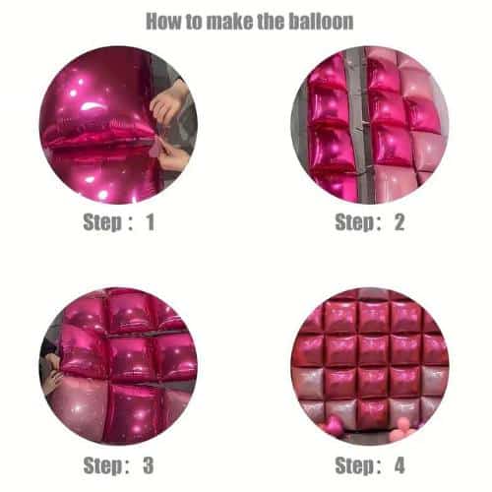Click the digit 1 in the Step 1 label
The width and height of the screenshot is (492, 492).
151,222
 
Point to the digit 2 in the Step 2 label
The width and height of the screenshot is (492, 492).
400,222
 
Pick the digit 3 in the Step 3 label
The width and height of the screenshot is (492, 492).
149,465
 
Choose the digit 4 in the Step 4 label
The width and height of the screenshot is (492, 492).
400,465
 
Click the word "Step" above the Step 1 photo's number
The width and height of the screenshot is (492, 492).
102,223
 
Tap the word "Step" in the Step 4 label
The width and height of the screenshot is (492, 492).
354,466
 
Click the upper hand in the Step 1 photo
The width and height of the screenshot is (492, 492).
170,101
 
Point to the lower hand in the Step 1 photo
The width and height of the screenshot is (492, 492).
175,158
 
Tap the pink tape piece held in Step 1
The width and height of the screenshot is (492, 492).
154,149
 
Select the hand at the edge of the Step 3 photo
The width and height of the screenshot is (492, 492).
51,372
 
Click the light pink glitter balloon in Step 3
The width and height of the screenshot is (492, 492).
79,410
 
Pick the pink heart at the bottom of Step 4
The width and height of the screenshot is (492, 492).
335,424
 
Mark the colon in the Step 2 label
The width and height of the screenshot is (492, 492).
379,223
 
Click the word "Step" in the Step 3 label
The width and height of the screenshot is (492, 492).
102,466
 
